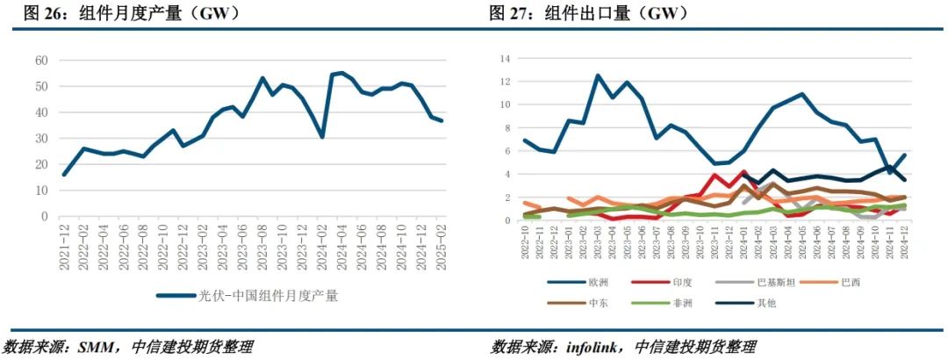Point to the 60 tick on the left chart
click(x=41, y=61)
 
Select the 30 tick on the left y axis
click(x=41, y=139)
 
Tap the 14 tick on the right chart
click(x=505, y=59)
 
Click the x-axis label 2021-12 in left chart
click(x=64, y=247)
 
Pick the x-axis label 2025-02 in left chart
click(x=442, y=247)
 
